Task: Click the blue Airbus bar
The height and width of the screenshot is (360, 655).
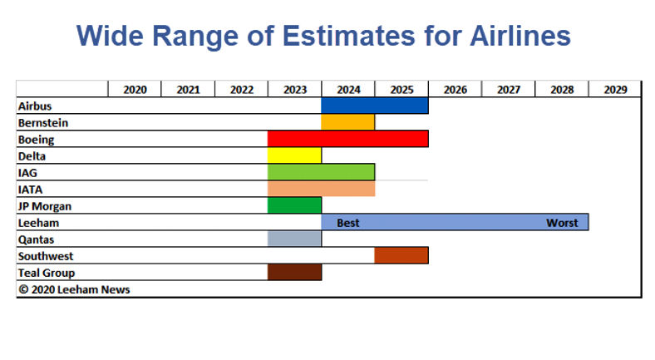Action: pos(375,106)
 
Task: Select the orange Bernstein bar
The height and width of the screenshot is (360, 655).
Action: pos(348,122)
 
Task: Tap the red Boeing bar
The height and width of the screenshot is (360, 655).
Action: pos(348,139)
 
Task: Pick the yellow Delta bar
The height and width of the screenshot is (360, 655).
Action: pos(294,155)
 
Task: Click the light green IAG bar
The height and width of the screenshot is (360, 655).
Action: pos(321,172)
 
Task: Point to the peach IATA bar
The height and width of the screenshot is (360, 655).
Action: pos(321,189)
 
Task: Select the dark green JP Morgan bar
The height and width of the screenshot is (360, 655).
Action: pos(294,205)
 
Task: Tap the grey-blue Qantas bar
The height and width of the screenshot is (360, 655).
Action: pos(294,239)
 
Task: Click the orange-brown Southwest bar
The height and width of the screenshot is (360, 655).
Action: pos(401,255)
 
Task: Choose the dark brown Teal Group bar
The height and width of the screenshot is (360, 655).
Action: pos(294,273)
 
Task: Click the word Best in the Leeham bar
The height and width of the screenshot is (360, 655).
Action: pos(348,223)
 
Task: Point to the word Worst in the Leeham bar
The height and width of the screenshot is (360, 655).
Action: pos(562,223)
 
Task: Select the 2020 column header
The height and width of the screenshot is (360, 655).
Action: pos(135,90)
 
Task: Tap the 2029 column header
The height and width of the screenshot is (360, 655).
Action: pos(615,90)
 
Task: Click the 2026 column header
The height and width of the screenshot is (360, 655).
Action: pos(456,90)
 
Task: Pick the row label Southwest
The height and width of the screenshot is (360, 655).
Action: pos(46,256)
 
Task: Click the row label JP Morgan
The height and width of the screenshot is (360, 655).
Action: pos(45,206)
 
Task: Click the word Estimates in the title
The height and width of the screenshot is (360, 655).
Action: pos(349,36)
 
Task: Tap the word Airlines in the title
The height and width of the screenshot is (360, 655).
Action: pos(520,36)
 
